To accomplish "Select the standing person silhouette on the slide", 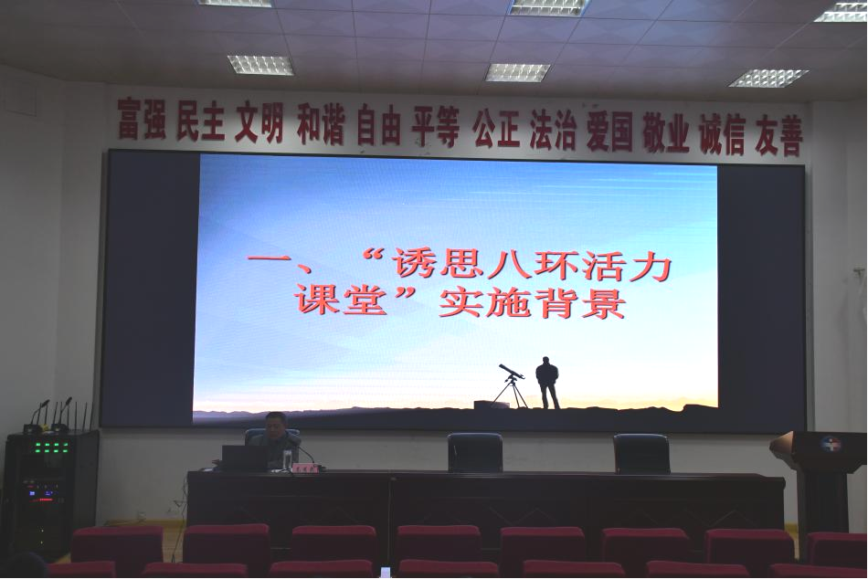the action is [x=547, y=383].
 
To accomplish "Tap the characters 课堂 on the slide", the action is [x=341, y=300].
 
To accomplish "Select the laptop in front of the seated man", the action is [x=245, y=458].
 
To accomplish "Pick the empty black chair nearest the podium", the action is [x=642, y=453].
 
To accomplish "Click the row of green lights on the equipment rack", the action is [x=54, y=445].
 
